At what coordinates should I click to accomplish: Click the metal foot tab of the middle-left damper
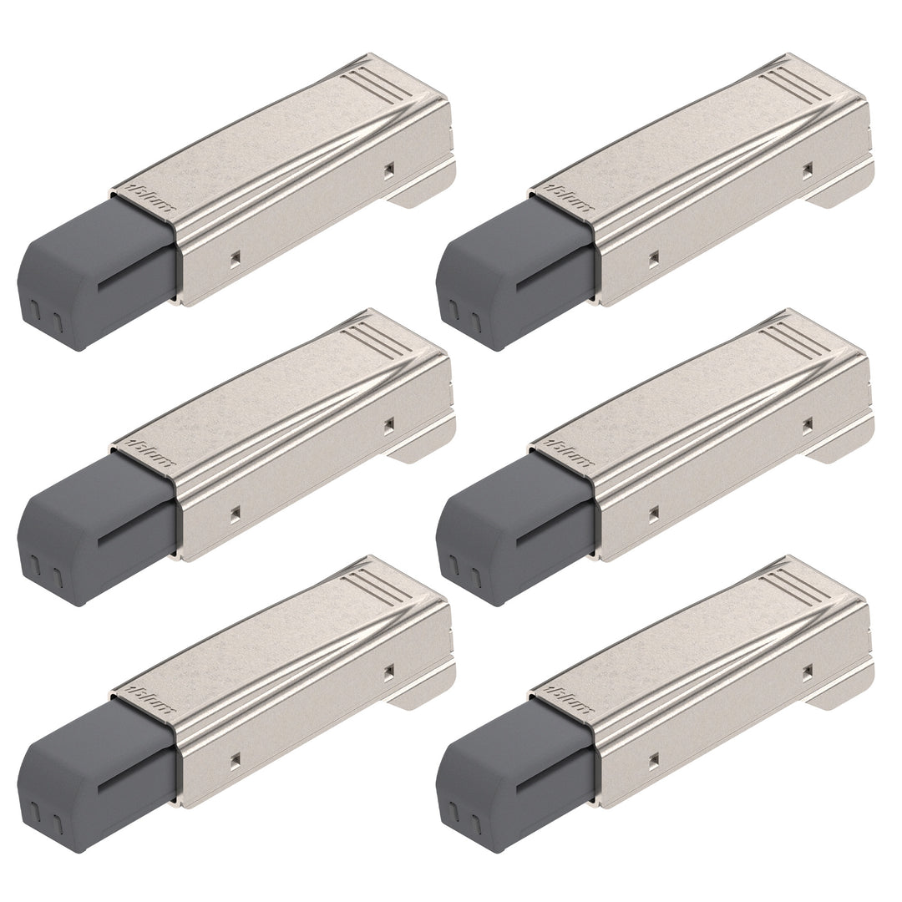424,449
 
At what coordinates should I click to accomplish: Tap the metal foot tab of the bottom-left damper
424,695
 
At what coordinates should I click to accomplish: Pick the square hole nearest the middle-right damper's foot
807,424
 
